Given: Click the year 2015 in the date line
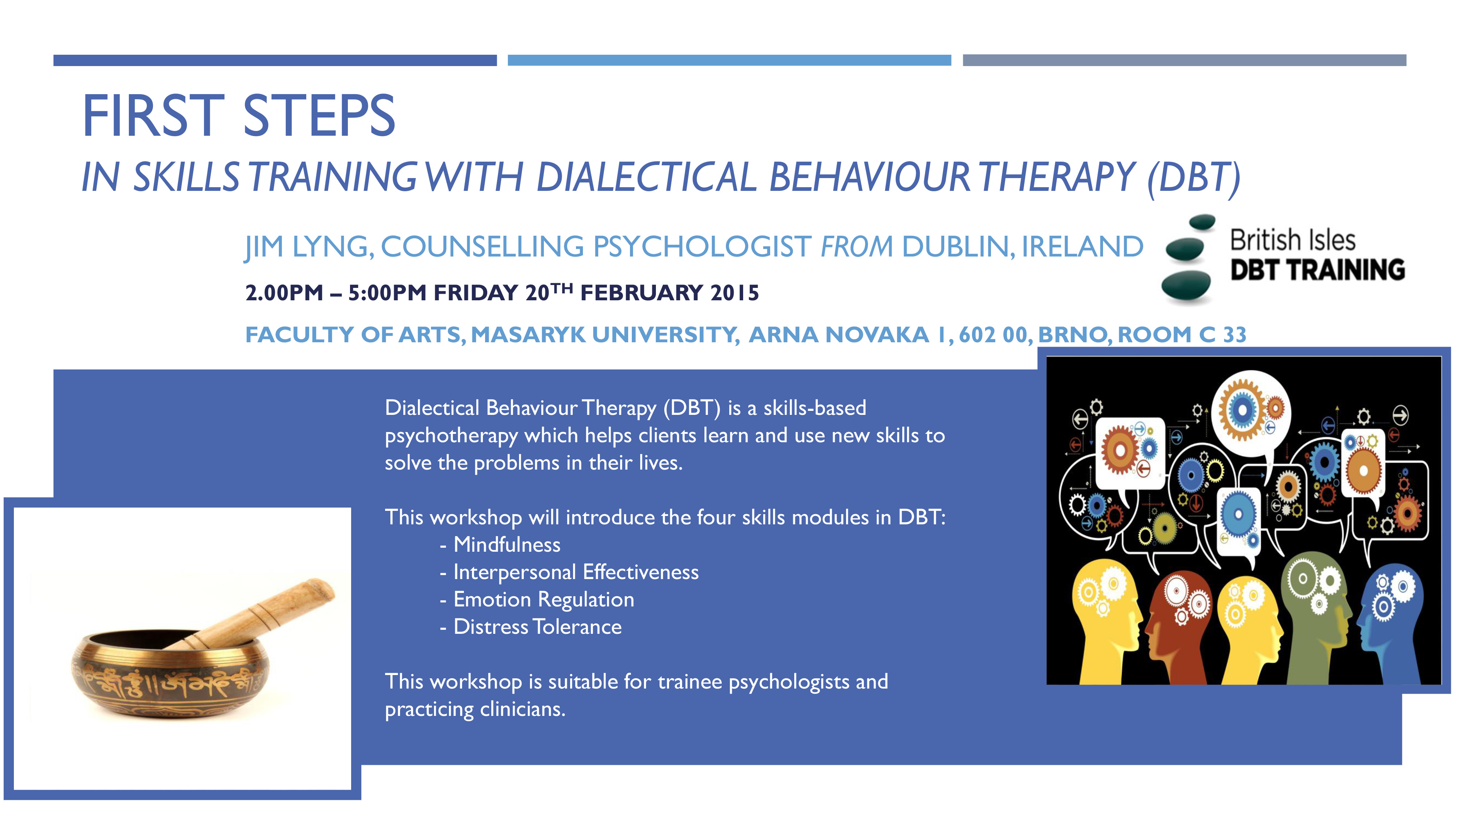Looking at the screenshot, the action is (734, 293).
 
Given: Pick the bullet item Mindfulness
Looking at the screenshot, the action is (507, 544).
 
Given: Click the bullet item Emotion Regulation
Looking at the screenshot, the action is (543, 600).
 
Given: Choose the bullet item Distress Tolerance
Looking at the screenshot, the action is (537, 627).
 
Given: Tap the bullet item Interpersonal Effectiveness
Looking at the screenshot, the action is (576, 572).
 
